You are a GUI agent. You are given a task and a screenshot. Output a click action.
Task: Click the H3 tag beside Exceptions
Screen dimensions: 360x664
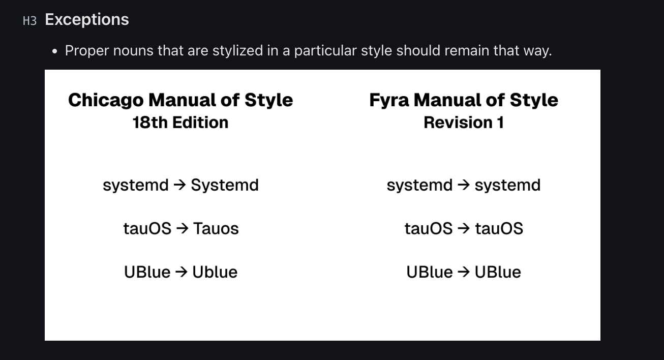[x=29, y=21]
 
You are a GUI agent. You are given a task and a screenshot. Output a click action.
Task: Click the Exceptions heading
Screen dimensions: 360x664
[x=87, y=19]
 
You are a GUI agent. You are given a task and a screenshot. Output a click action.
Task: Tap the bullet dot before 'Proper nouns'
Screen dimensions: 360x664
[x=55, y=51]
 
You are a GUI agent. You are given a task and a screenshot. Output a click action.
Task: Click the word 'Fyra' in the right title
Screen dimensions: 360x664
[x=389, y=100]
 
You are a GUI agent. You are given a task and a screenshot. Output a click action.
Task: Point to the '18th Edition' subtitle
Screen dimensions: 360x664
[x=180, y=123]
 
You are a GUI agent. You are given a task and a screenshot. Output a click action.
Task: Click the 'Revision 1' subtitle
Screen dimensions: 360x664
[x=464, y=123]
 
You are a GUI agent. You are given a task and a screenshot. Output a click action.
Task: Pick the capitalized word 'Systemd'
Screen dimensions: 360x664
[x=225, y=185]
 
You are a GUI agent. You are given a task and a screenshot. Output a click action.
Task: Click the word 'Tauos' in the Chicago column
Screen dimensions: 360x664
[x=216, y=229]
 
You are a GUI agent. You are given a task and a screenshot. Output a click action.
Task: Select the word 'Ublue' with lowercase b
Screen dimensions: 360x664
[x=215, y=272]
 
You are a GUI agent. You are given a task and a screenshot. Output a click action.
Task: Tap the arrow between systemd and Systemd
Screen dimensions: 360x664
[x=179, y=185]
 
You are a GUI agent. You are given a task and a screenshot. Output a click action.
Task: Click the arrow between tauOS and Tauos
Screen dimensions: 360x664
[x=182, y=229]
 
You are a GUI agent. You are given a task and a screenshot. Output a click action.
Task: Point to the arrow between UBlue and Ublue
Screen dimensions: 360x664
[x=181, y=272]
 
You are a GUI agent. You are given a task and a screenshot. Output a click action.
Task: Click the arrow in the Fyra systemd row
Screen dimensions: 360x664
[x=463, y=185]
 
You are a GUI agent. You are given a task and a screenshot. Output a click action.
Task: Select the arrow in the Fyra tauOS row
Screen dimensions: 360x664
[x=464, y=229]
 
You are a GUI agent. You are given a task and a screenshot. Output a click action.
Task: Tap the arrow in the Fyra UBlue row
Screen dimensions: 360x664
[x=463, y=272]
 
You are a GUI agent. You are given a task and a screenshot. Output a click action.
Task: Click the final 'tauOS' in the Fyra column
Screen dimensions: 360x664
[x=499, y=229]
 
